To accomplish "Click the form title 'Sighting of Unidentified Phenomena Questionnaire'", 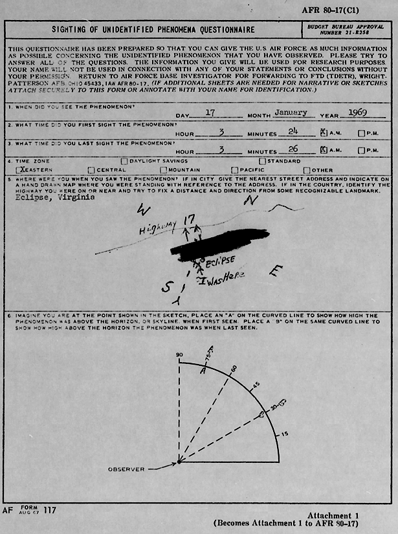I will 153,30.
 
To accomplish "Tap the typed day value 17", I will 209,112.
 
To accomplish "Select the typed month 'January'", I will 290,112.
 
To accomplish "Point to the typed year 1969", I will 357,112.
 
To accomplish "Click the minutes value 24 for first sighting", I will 292,131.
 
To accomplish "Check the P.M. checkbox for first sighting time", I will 361,133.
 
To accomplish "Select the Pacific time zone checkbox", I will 235,170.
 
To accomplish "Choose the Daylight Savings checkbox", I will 124,161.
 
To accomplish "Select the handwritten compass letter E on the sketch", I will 276,272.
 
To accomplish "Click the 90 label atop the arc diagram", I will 179,356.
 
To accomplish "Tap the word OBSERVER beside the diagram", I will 126,469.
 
